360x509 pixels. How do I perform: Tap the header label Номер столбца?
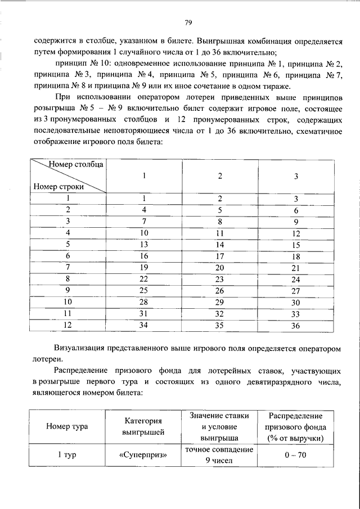coord(76,164)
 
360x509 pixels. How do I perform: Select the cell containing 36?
coord(296,326)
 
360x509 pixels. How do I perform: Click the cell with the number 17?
coord(220,256)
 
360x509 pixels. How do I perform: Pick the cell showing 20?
coord(220,268)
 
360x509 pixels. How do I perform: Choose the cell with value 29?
coord(220,303)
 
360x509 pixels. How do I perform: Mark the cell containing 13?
coord(144,245)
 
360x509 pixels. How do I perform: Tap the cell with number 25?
coord(144,291)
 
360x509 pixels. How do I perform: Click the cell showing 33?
coord(296,314)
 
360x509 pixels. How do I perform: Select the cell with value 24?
coord(296,279)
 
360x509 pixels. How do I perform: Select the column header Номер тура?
coord(67,426)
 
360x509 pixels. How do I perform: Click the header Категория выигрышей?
coord(143,426)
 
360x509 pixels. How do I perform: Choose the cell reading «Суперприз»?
coord(143,455)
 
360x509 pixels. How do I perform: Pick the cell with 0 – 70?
coord(295,455)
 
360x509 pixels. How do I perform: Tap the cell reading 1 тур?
coord(67,455)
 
